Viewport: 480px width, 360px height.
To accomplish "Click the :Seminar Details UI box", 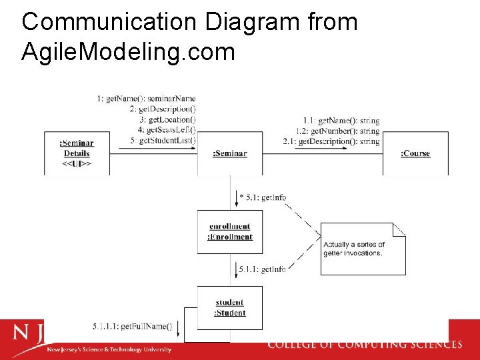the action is [77, 154].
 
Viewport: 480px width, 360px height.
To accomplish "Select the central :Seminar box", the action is [229, 154].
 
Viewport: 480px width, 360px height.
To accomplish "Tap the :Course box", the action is [415, 154].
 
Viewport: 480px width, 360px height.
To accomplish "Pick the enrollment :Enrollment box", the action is [230, 232].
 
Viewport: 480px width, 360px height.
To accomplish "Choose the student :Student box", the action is [229, 307].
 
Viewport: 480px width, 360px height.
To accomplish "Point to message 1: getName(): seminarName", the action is [146, 99].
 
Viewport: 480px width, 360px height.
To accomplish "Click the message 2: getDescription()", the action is [163, 109].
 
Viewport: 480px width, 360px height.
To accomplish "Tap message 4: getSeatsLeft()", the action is [166, 130].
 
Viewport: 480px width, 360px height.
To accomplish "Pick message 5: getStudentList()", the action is [163, 141].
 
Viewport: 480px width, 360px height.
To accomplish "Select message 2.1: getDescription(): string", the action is [331, 141].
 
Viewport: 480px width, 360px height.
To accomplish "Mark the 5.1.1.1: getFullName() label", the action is [132, 327].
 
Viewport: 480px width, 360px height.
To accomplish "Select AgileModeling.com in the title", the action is [128, 51].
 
